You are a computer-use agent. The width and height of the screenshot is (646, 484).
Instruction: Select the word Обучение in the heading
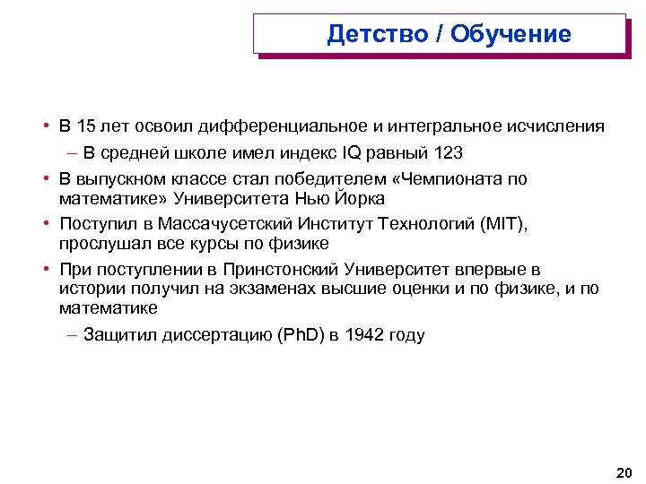click(x=511, y=34)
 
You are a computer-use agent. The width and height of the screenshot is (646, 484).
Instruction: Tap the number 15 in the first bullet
click(x=88, y=126)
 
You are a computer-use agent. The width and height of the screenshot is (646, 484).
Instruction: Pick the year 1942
click(x=370, y=336)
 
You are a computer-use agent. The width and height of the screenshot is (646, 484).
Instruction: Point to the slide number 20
click(x=624, y=471)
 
